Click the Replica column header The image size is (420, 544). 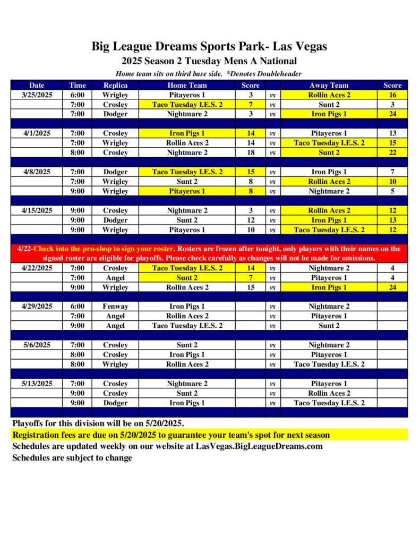click(x=115, y=85)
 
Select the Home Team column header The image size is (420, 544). click(x=187, y=85)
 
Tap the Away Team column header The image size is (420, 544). click(x=329, y=85)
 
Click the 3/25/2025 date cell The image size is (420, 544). click(x=37, y=95)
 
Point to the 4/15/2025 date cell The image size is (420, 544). click(x=37, y=210)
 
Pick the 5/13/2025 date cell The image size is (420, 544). click(x=37, y=384)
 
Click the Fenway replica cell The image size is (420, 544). click(x=115, y=307)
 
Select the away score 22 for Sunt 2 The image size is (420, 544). click(x=392, y=152)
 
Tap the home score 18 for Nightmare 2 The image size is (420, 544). click(x=251, y=152)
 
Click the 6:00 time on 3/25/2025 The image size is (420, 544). click(x=77, y=95)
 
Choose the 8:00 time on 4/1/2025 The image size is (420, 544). click(x=77, y=152)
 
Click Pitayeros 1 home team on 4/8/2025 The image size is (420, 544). click(x=187, y=191)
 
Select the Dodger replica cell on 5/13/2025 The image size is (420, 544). click(x=115, y=403)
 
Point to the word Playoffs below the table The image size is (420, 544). click(x=29, y=423)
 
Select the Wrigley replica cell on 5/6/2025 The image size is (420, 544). click(x=115, y=364)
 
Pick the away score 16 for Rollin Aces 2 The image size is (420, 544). click(x=392, y=95)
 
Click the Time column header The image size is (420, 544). click(x=77, y=85)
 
